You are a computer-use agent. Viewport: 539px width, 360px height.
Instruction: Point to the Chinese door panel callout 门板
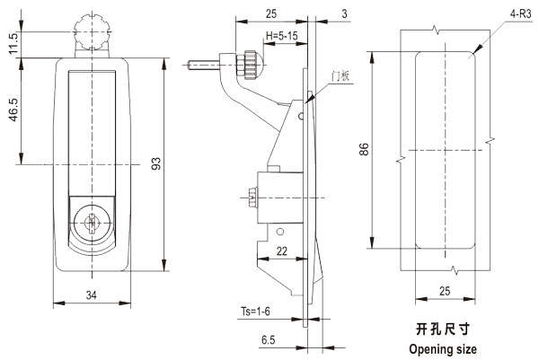coord(339,76)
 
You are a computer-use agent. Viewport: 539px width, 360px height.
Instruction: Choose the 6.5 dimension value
coord(269,341)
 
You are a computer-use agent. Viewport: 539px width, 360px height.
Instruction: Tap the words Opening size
coord(443,348)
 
